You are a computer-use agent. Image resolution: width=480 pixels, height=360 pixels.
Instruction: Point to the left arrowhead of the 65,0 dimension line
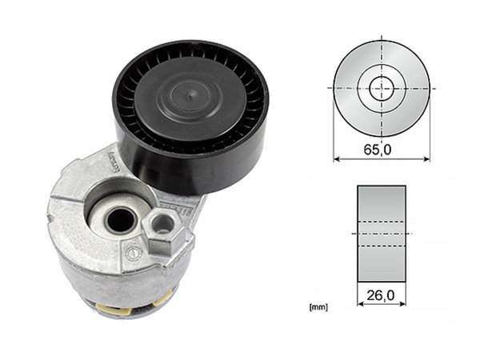tap(336, 159)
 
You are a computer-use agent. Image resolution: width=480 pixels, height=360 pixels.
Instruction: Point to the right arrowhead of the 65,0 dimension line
tap(427, 159)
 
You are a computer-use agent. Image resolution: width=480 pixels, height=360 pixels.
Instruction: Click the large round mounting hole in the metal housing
tap(120, 218)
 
